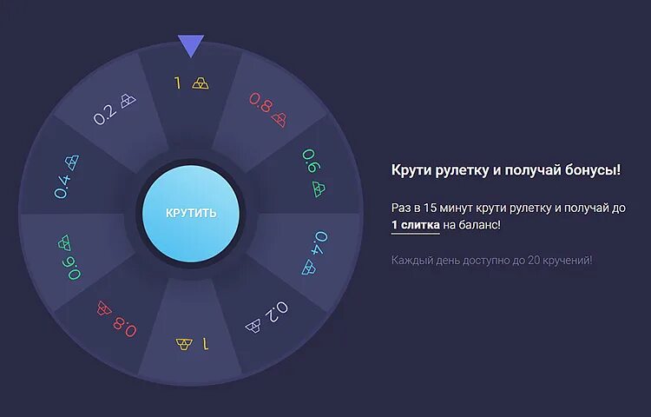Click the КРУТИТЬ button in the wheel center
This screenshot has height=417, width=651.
click(x=191, y=213)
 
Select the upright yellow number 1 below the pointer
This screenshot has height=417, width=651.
click(x=178, y=83)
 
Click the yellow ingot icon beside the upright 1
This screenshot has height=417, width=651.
click(x=201, y=83)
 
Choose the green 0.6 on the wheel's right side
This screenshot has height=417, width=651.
click(x=310, y=161)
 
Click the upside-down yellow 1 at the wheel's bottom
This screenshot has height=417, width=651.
click(x=205, y=343)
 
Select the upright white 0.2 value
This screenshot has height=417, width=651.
click(x=105, y=114)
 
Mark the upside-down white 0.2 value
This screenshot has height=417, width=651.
click(x=277, y=312)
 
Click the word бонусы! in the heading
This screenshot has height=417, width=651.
click(x=589, y=169)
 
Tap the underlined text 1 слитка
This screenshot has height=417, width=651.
click(x=415, y=225)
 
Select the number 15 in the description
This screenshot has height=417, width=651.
click(x=431, y=208)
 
